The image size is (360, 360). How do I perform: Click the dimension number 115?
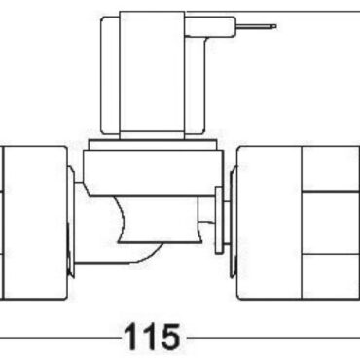click(x=153, y=338)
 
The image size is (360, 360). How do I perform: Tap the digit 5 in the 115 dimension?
click(x=168, y=338)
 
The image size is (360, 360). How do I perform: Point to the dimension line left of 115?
click(x=58, y=338)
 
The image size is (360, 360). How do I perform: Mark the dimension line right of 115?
click(x=272, y=338)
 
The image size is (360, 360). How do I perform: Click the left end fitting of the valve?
click(x=32, y=222)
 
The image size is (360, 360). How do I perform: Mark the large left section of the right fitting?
click(x=270, y=222)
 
